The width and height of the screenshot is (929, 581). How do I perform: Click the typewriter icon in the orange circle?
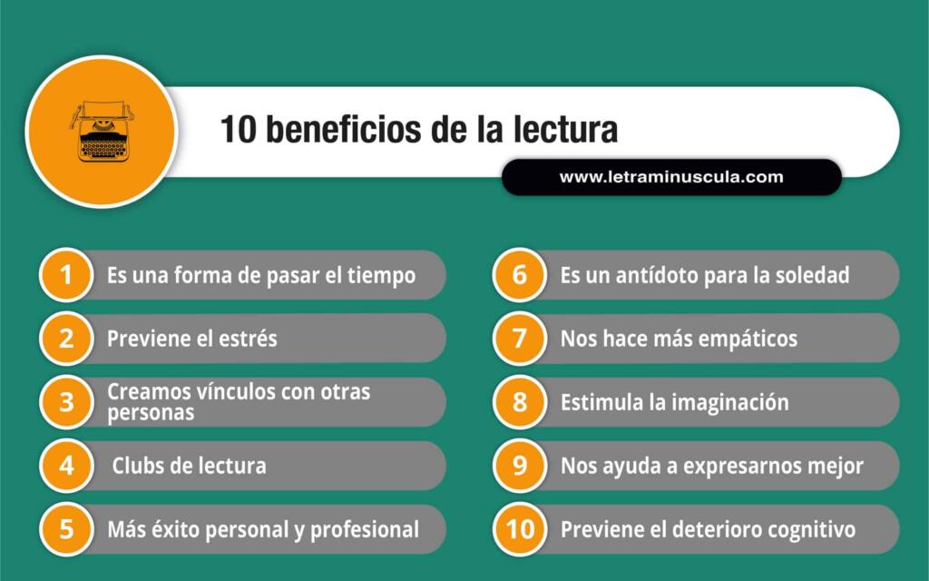102,131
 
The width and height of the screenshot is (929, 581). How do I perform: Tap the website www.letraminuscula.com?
671,177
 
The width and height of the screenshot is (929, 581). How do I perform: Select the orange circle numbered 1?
66,275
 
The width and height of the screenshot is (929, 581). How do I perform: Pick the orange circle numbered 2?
66,339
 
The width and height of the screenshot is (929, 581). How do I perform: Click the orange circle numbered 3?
66,402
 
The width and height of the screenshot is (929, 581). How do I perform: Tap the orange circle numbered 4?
66,466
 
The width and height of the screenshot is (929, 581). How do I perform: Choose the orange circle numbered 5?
66,529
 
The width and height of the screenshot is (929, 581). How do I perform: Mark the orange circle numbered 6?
520,275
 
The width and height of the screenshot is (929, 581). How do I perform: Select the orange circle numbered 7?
520,339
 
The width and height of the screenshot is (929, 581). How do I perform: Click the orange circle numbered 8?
520,402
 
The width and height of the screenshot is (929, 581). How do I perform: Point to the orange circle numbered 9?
520,466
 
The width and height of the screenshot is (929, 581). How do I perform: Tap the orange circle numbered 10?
520,529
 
